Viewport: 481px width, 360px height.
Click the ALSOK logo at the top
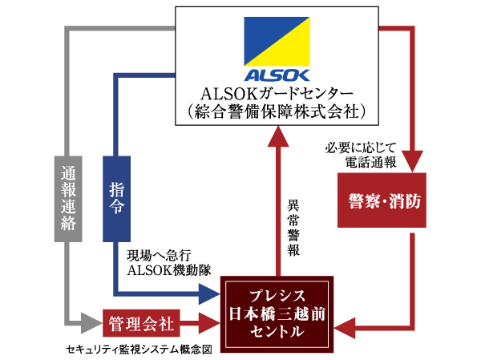pos(277,44)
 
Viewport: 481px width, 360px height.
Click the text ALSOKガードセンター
pos(277,92)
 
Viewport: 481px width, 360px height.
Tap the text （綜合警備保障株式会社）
pos(277,111)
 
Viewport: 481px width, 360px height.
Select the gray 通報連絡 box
pos(68,197)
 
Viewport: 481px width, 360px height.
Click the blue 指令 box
pos(117,197)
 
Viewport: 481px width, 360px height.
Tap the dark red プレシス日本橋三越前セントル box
pos(277,313)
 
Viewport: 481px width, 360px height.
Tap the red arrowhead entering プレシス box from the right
pos(343,325)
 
